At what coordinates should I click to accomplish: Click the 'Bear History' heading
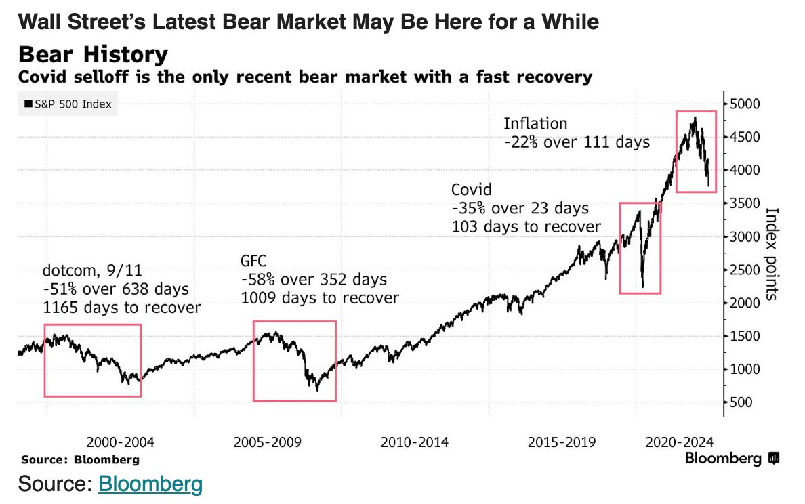(x=93, y=55)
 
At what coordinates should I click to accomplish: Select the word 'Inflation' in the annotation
(x=535, y=124)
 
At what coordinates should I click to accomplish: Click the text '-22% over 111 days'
(x=576, y=142)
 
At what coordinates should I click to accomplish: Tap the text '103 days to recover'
(x=526, y=226)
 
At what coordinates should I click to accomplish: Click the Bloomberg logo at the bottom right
(x=731, y=459)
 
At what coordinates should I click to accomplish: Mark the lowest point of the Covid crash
(x=642, y=287)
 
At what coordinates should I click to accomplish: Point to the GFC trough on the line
(x=316, y=390)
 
